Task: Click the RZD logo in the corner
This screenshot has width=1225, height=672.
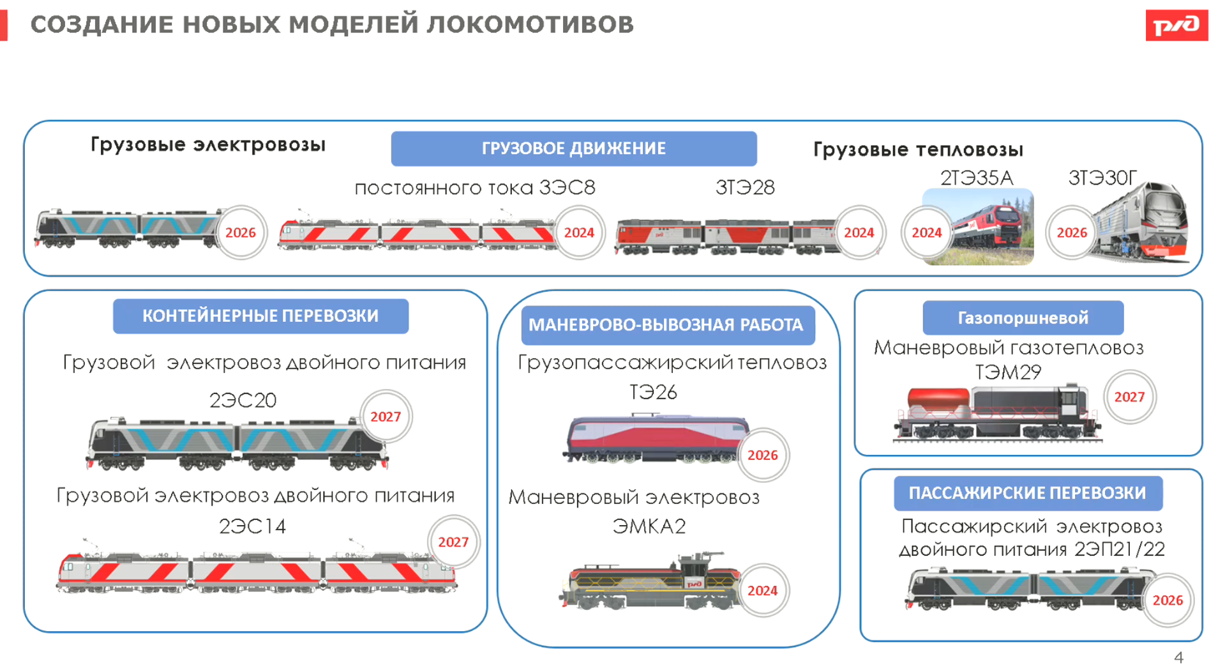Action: click(1176, 26)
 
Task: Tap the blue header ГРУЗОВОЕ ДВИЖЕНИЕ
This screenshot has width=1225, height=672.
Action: click(573, 148)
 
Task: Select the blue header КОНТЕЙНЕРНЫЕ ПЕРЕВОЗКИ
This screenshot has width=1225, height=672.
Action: click(260, 316)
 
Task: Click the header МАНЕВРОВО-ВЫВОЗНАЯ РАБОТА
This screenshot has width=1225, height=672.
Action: click(666, 325)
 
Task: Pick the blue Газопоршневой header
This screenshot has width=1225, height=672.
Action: click(1023, 317)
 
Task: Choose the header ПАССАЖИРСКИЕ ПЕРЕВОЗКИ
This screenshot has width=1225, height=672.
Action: click(1027, 493)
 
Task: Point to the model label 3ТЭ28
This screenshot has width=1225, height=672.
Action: click(745, 187)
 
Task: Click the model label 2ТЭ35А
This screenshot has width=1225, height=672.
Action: click(977, 178)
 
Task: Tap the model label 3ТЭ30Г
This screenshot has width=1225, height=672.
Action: click(1102, 178)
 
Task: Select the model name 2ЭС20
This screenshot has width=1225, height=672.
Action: click(243, 401)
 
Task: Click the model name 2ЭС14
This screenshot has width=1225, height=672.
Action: click(252, 526)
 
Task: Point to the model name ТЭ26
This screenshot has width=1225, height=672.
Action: click(653, 392)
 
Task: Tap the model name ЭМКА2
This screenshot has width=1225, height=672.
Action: click(649, 526)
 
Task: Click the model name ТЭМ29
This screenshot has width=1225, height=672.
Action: click(1008, 372)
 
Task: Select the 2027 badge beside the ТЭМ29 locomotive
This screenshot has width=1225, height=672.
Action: click(1129, 397)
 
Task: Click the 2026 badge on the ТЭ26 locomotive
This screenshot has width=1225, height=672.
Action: click(762, 455)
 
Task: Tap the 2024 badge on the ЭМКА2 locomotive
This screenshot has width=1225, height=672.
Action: click(762, 590)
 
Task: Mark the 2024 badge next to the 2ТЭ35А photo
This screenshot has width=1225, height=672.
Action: click(926, 233)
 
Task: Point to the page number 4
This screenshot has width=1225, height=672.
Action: click(1178, 657)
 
